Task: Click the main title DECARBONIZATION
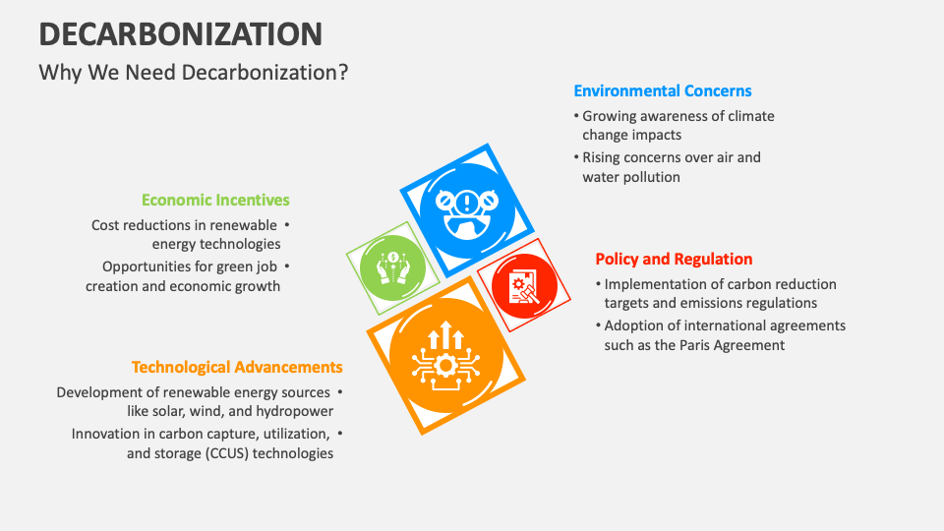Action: pos(180,33)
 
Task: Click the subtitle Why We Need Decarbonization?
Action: pos(193,73)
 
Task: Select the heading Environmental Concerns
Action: pos(663,90)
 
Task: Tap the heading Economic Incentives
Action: pos(215,200)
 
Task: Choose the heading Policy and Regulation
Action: pos(674,260)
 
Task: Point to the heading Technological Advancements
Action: pos(237,367)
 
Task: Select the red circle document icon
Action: pos(523,286)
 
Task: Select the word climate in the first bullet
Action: pos(750,116)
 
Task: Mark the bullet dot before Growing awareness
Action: pos(575,116)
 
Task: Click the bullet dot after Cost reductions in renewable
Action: pos(287,225)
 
